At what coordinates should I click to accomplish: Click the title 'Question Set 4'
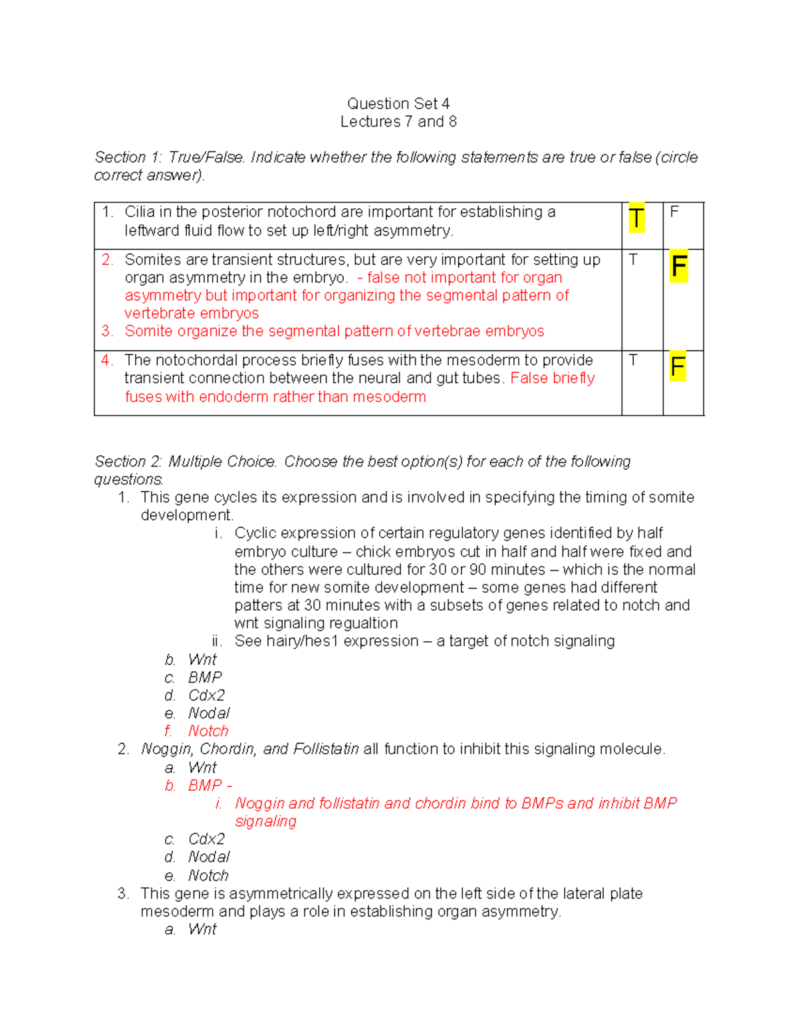tap(398, 104)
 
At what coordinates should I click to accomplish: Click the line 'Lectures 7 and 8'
tap(398, 122)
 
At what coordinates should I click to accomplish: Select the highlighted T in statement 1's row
tap(636, 218)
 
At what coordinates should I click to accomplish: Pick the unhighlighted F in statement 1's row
tap(674, 212)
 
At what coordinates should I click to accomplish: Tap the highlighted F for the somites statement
tap(678, 267)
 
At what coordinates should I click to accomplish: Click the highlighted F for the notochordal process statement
tap(678, 367)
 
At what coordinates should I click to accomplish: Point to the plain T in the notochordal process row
tap(633, 361)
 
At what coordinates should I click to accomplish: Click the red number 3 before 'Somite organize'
tap(107, 331)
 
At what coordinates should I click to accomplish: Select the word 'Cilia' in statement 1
tap(140, 212)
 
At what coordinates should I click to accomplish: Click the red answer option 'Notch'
tap(208, 731)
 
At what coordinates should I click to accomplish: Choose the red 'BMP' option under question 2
tap(205, 786)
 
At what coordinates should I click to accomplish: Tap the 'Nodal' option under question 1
tap(209, 713)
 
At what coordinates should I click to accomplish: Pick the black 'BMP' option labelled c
tap(205, 677)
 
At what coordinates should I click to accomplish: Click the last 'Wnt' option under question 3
tap(202, 929)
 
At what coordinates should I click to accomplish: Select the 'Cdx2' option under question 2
tap(206, 839)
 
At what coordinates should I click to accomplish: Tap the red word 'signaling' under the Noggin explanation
tap(265, 821)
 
